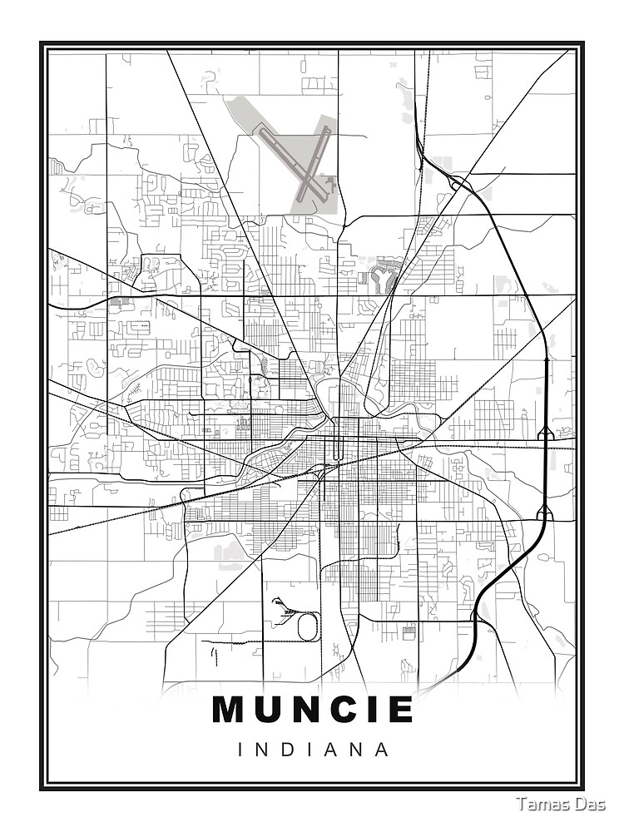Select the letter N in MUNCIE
[x=312, y=710]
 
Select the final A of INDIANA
[x=382, y=749]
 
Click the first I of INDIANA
[x=241, y=749]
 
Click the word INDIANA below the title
[x=313, y=749]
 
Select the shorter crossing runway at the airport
[x=314, y=162]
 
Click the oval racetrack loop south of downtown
[x=308, y=626]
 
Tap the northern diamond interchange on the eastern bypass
[x=545, y=432]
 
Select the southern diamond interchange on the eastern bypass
[x=544, y=513]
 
